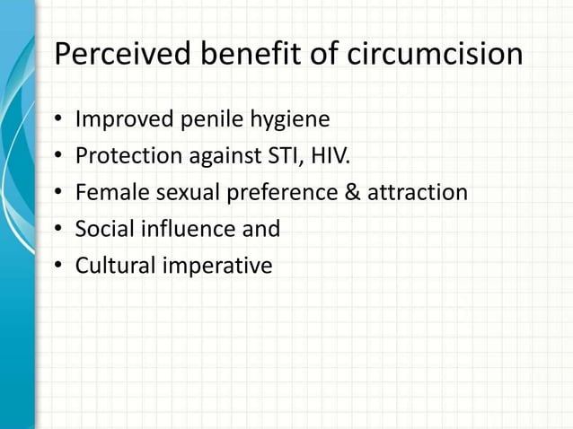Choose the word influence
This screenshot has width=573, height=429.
184,229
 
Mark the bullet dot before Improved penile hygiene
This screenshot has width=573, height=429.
58,120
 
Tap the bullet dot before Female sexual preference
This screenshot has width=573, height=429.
58,193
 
